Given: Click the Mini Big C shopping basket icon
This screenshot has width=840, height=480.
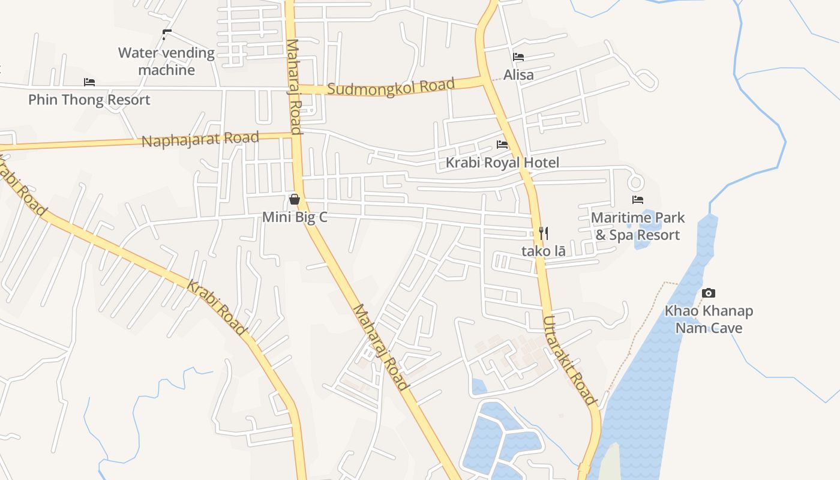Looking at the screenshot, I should click(295, 199).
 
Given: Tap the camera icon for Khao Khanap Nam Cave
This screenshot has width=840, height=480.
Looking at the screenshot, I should click(709, 293).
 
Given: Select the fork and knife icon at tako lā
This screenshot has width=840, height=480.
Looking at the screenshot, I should click(544, 233).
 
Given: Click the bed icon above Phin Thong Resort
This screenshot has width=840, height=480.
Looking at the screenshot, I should click(89, 82).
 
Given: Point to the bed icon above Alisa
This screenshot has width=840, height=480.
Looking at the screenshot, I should click(518, 57).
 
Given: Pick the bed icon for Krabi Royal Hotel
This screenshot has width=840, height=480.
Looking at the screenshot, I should click(502, 145).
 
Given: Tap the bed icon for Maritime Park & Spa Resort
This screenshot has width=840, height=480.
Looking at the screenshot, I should click(637, 200).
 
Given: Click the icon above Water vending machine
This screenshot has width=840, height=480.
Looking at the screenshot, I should click(166, 35).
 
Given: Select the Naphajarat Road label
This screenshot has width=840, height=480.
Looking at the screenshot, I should click(200, 139).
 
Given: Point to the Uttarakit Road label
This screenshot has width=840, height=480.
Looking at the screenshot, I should click(569, 360).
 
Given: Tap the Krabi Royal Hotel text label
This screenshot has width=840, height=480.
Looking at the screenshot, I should click(502, 163).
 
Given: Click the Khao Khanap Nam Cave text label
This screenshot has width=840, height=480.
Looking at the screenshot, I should click(709, 319).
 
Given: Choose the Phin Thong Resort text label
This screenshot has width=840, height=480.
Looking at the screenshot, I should click(89, 100).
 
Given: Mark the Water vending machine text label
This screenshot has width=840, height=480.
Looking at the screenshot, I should click(166, 61).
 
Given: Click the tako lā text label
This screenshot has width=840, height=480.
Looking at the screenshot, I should click(544, 251).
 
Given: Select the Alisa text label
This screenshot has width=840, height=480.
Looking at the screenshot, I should click(518, 75).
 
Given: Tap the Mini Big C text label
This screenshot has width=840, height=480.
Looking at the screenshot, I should click(295, 217).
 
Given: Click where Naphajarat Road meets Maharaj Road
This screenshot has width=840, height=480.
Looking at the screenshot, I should click(296, 136).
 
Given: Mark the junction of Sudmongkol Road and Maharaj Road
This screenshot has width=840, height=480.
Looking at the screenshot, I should click(293, 89).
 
